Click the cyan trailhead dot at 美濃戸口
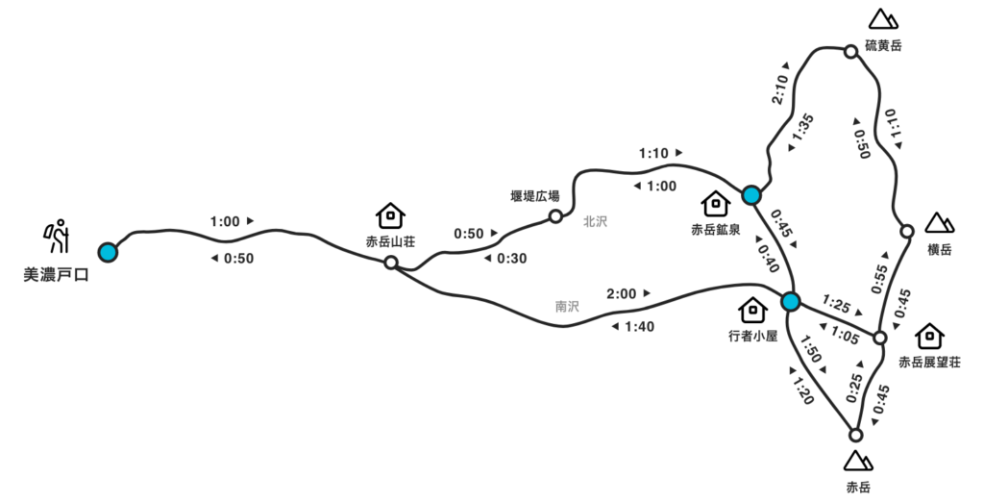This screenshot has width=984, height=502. (108, 252)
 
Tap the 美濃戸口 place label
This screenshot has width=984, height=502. (56, 276)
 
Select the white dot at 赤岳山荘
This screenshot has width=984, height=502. (391, 263)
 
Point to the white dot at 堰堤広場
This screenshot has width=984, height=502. (555, 216)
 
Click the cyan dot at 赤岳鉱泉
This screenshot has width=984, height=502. (751, 195)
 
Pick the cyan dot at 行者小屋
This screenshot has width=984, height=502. (790, 302)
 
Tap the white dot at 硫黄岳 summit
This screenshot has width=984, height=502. (850, 52)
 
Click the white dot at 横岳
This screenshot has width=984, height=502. (907, 232)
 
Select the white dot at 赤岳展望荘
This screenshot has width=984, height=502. (879, 338)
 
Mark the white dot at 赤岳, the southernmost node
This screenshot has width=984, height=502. (856, 436)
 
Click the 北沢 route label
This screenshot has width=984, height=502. (596, 221)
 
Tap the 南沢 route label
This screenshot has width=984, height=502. (567, 308)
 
